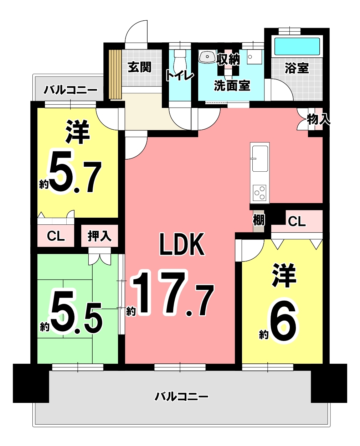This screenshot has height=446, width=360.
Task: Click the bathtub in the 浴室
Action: click(x=297, y=46)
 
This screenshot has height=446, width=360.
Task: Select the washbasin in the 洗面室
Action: click(x=207, y=56)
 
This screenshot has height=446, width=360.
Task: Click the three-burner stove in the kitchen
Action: click(x=259, y=193)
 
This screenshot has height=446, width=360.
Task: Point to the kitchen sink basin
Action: click(x=259, y=159)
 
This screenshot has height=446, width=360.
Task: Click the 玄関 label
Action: click(x=139, y=67)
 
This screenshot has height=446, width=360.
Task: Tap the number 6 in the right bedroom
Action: click(x=283, y=320)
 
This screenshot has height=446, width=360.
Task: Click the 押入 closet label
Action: click(x=99, y=236)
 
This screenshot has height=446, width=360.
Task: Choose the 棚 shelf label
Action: click(x=259, y=220)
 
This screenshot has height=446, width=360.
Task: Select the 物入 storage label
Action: click(x=319, y=119)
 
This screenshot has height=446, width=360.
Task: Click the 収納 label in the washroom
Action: click(x=228, y=59)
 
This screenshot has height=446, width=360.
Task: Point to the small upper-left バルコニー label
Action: click(x=71, y=90)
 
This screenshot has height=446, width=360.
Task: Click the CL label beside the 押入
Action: click(x=56, y=236)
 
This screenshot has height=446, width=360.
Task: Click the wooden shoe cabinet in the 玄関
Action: click(x=115, y=74)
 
